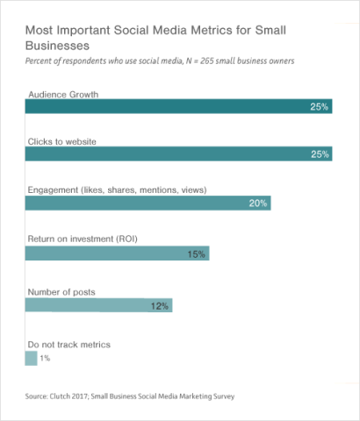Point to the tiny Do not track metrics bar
pyautogui.click(x=31, y=358)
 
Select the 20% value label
pyautogui.click(x=258, y=203)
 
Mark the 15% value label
pyautogui.click(x=196, y=254)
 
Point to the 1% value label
pyautogui.click(x=45, y=359)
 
